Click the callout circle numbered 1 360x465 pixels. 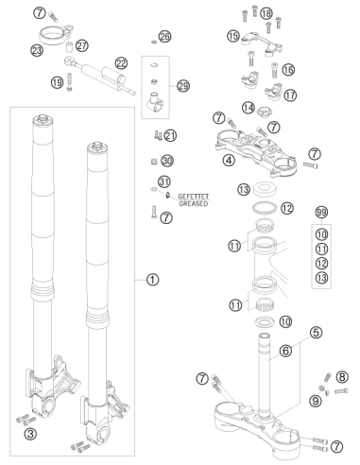coord(152,280)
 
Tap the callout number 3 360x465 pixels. coord(30,434)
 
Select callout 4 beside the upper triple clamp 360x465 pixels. coord(229,161)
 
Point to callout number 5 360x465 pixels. coord(316,332)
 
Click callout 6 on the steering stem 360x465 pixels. coord(285,351)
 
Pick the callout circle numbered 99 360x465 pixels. coord(321,213)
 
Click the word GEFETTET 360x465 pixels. coord(194,197)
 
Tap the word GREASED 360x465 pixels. coord(194,203)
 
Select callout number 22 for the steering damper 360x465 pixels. coord(121,63)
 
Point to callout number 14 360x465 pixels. coord(249,108)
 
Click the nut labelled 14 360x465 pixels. coord(265,111)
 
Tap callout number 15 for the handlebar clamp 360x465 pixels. coord(233,36)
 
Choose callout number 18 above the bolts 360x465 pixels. coord(266,13)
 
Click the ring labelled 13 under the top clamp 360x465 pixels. coord(265,189)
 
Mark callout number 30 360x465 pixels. coord(167,161)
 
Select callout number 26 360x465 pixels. coord(164,37)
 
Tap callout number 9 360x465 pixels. coord(316,401)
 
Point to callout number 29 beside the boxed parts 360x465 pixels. coord(183,86)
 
